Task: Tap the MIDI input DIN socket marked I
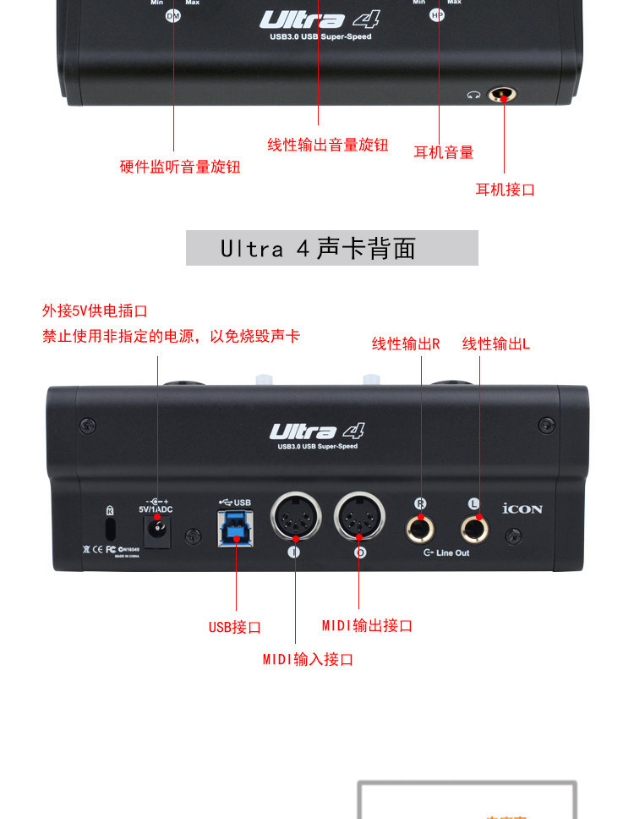(295, 517)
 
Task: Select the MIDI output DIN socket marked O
(359, 517)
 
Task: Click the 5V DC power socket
(156, 530)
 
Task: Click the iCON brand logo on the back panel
(522, 509)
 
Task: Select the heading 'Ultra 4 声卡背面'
(331, 248)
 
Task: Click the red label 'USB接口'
(235, 627)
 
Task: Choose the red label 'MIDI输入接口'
(308, 659)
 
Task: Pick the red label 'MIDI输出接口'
(367, 626)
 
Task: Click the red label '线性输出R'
(406, 344)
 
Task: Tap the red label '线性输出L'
(496, 344)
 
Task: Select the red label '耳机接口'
(505, 190)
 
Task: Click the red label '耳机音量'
(443, 152)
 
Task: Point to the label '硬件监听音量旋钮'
(180, 167)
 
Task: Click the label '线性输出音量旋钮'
(328, 145)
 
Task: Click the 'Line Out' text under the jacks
(452, 552)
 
